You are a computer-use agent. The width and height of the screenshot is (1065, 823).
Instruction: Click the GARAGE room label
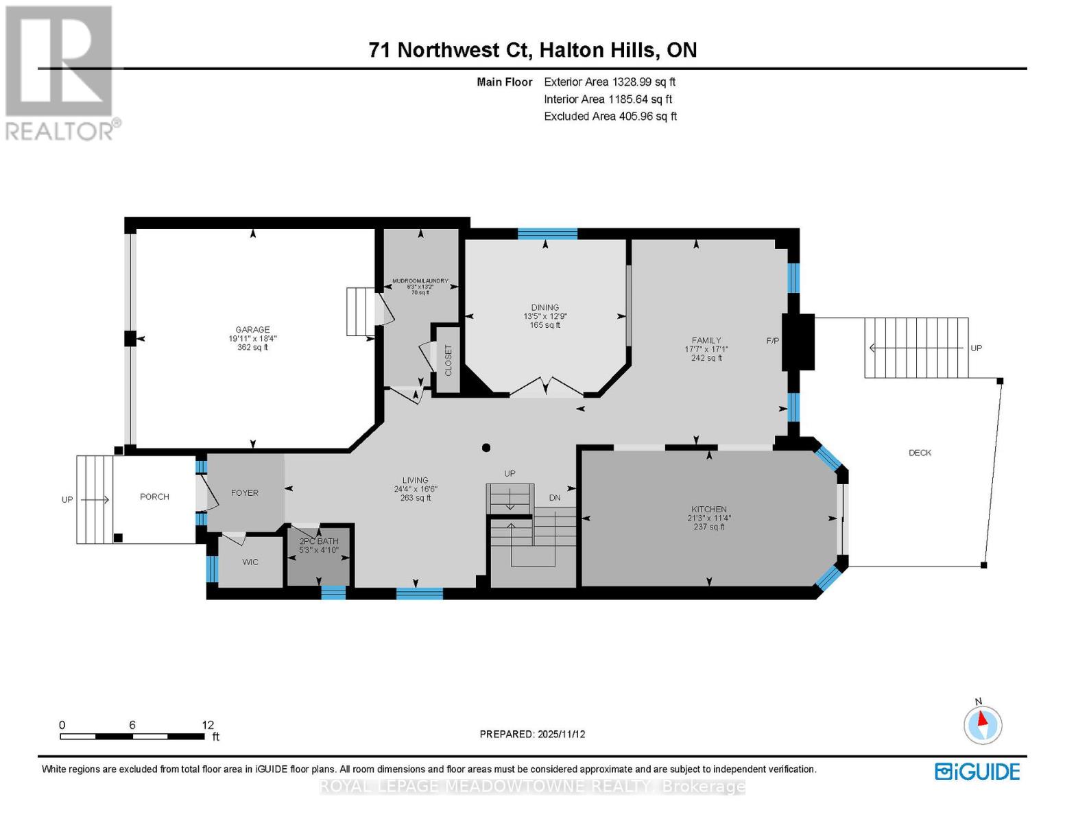(x=252, y=330)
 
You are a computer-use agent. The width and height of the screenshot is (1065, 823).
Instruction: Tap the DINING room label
(x=545, y=308)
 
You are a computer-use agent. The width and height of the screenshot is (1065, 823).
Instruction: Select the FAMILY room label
(x=706, y=340)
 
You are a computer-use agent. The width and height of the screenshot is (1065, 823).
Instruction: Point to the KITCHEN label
(x=709, y=510)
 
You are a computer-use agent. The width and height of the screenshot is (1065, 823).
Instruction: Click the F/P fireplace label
(x=773, y=341)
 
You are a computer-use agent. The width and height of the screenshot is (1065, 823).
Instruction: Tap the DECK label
(x=920, y=453)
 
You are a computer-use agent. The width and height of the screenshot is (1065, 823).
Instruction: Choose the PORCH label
(x=154, y=497)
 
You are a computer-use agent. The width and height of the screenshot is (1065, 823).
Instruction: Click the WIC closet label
(x=250, y=562)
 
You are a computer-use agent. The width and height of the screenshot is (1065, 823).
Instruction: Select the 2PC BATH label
(x=319, y=541)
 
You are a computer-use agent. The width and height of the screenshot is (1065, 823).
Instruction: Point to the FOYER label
(x=245, y=493)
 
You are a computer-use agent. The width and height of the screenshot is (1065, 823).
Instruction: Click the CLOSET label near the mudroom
(x=448, y=361)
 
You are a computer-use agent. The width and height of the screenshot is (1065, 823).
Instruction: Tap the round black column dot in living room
(x=486, y=448)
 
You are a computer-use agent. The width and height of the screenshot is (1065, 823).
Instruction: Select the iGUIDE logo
(x=978, y=772)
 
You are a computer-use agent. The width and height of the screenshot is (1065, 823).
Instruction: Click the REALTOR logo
(x=60, y=72)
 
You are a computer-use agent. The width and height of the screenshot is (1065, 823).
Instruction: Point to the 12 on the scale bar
(x=208, y=725)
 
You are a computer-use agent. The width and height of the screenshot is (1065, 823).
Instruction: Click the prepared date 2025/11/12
(x=560, y=734)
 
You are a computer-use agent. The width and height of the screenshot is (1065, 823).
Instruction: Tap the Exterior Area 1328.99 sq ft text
(x=610, y=82)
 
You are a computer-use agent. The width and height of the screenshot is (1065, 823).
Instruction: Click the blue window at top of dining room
(x=547, y=234)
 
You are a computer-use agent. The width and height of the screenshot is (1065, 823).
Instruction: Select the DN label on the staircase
(x=555, y=497)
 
